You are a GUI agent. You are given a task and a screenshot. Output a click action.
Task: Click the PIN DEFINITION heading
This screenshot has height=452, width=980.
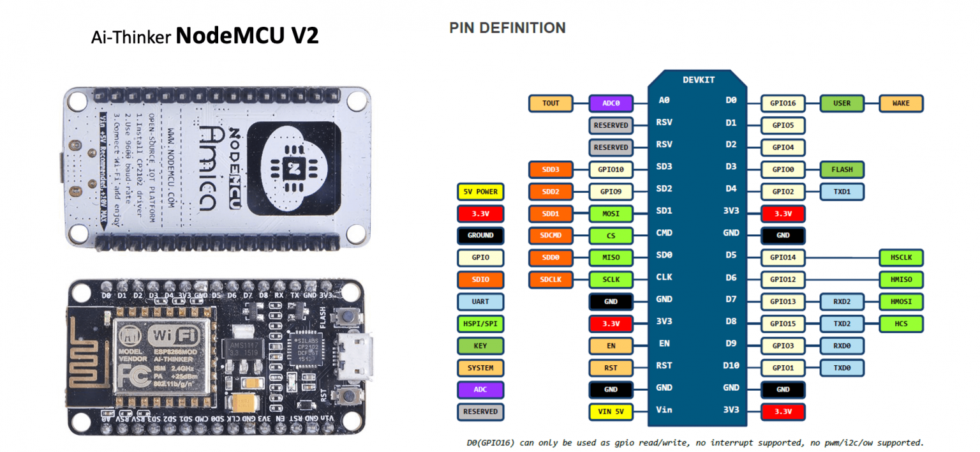(507, 28)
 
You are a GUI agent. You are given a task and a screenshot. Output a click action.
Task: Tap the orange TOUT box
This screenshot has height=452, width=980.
(551, 103)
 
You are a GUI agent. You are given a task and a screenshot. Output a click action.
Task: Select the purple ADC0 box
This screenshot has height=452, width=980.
(611, 103)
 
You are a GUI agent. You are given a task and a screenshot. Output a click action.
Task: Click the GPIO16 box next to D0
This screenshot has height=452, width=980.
(783, 103)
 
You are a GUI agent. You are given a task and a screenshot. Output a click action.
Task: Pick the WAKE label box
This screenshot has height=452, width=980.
(901, 103)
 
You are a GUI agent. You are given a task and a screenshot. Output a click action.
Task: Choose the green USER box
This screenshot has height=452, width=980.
(842, 103)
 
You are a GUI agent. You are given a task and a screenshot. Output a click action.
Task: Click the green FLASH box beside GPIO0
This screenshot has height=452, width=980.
(842, 170)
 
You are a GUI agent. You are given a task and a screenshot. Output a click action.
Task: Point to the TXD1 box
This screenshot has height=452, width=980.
(842, 192)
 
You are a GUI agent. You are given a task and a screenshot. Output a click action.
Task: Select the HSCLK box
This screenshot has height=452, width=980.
(901, 258)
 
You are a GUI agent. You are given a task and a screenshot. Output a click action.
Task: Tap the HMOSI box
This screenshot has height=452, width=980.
(901, 302)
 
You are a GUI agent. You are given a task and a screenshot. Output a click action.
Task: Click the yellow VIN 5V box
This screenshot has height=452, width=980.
(611, 411)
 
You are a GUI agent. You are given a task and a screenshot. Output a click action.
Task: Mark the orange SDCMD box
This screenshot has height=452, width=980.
(551, 236)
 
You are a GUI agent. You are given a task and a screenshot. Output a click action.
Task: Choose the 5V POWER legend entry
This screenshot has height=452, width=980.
(480, 192)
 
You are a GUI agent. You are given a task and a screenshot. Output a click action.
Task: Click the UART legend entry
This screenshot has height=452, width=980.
(480, 302)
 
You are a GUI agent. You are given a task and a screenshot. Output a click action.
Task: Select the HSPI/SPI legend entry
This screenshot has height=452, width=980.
(480, 324)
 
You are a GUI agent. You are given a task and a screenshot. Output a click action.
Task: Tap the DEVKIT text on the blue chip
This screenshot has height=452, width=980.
(699, 80)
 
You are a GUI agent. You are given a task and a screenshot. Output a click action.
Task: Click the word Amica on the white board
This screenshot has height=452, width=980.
(204, 169)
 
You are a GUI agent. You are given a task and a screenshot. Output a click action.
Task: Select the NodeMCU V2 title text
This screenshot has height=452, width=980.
(247, 36)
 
